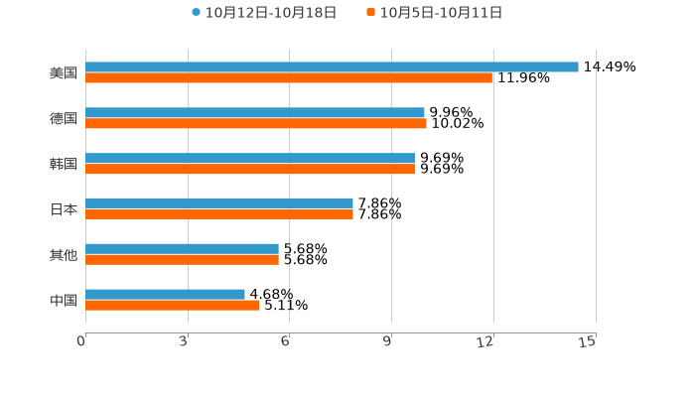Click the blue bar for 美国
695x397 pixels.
pyautogui.click(x=332, y=66)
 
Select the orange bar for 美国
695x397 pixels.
pyautogui.click(x=289, y=78)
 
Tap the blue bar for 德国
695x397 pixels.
pyautogui.click(x=255, y=112)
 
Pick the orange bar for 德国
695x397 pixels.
pyautogui.click(x=256, y=124)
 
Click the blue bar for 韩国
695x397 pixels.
pyautogui.click(x=250, y=158)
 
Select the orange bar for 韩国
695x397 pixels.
pyautogui.click(x=250, y=170)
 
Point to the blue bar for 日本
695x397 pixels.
pyautogui.click(x=219, y=202)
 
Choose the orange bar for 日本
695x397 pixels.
pyautogui.click(x=219, y=214)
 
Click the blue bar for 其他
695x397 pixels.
pyautogui.click(x=182, y=248)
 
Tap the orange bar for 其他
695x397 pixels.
pyautogui.click(x=182, y=260)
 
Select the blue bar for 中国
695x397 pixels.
pyautogui.click(x=165, y=294)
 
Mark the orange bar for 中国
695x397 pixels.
pyautogui.click(x=173, y=306)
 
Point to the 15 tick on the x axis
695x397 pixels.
pyautogui.click(x=588, y=341)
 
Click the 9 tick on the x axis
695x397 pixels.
pyautogui.click(x=388, y=341)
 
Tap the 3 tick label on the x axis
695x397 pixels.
pyautogui.click(x=185, y=341)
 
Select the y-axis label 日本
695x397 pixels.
pyautogui.click(x=64, y=209)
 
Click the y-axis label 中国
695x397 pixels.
pyautogui.click(x=64, y=300)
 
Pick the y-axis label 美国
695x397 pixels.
pyautogui.click(x=64, y=72)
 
